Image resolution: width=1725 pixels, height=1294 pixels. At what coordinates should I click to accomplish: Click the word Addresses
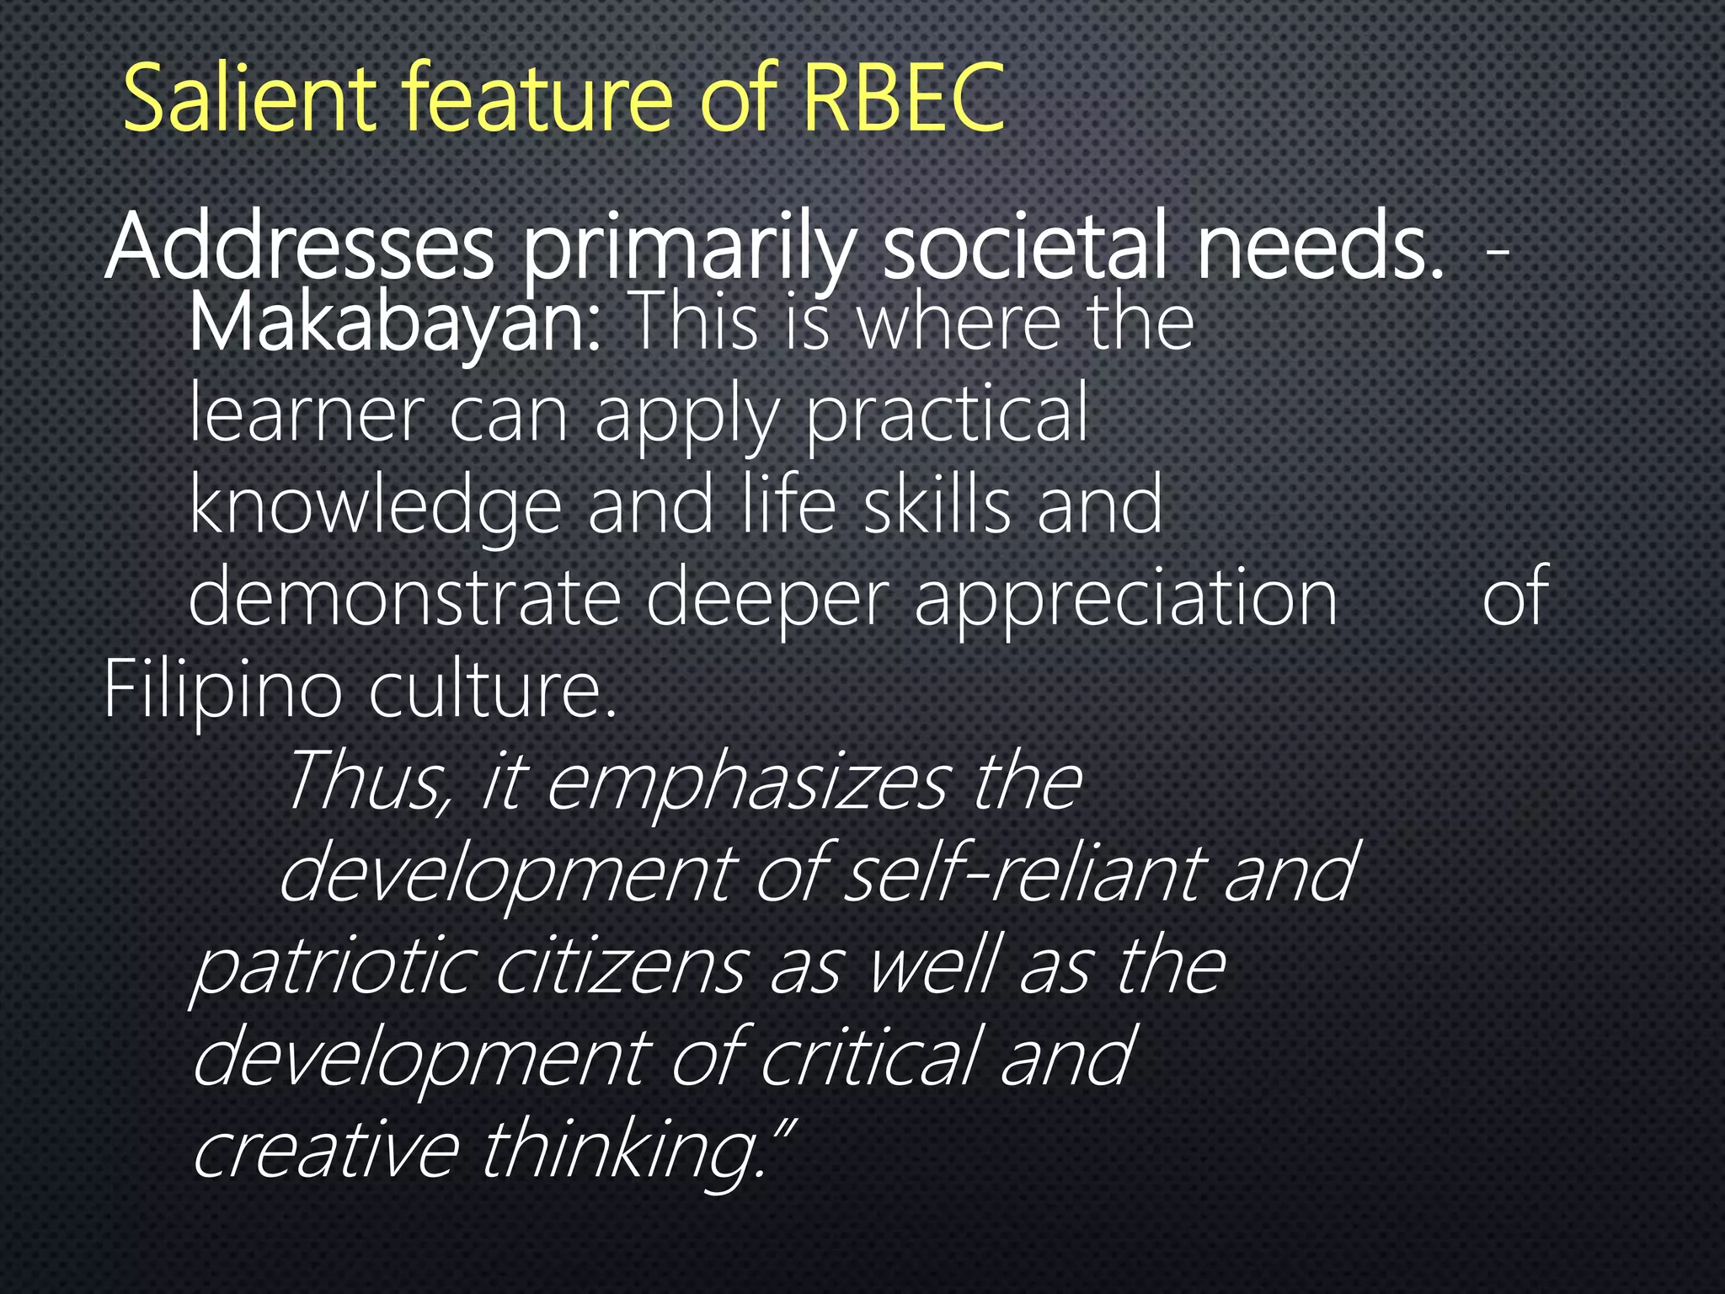[x=300, y=248]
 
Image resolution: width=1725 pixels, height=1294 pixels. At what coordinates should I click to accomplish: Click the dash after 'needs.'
[x=1497, y=251]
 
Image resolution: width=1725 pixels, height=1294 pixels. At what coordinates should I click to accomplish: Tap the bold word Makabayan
[x=395, y=323]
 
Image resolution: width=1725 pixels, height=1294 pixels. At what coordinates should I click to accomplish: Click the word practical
[x=948, y=416]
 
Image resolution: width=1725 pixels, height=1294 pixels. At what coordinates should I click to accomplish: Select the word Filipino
[x=222, y=691]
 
